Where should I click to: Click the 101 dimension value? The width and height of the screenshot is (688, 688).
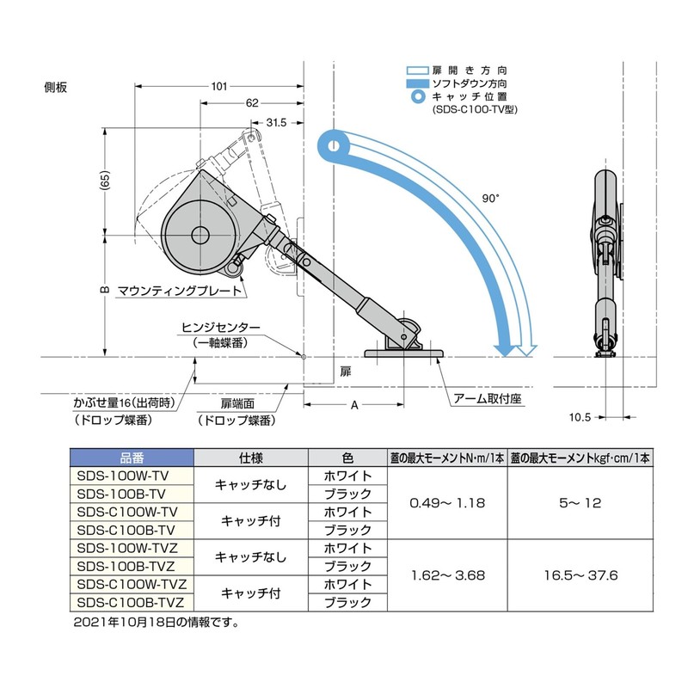(219, 86)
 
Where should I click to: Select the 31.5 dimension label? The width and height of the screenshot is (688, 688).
(276, 122)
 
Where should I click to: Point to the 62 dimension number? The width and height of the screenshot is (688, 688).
(252, 102)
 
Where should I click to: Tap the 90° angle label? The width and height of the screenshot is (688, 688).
(491, 199)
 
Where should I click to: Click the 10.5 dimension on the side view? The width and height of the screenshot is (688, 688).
(580, 417)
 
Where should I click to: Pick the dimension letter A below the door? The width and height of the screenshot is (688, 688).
(354, 405)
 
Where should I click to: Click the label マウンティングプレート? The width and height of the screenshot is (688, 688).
(180, 291)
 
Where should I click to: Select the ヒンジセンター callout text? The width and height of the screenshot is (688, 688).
(221, 328)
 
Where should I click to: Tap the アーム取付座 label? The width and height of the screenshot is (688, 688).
(488, 398)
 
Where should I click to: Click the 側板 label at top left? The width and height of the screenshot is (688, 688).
(55, 88)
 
